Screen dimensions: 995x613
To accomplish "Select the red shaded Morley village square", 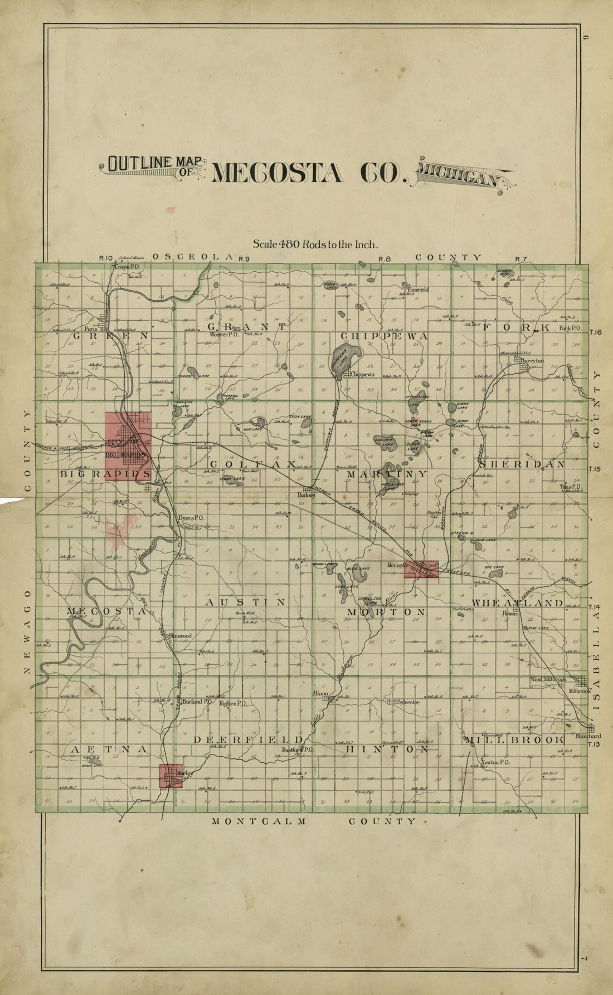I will point(171,776).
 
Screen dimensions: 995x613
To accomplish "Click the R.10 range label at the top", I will point(106,258).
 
